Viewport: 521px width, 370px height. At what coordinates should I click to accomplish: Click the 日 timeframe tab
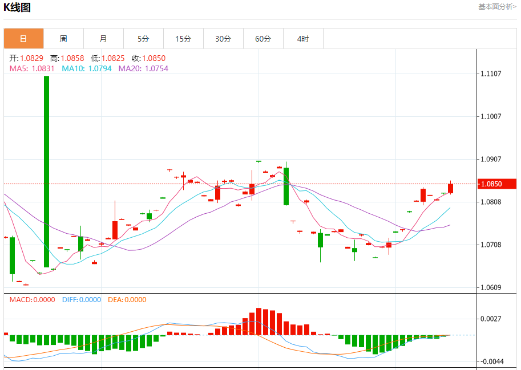click(x=23, y=39)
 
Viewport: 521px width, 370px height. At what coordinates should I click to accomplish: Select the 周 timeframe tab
click(x=63, y=39)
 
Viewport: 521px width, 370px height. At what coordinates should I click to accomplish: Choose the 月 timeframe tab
click(x=103, y=39)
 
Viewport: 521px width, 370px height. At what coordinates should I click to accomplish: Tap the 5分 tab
click(x=143, y=39)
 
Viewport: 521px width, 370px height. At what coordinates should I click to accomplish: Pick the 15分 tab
click(x=183, y=39)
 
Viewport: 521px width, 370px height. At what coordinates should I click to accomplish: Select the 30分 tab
click(x=223, y=39)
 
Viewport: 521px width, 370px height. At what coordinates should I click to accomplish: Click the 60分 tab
click(x=263, y=39)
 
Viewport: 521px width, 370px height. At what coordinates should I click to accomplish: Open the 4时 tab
click(x=303, y=39)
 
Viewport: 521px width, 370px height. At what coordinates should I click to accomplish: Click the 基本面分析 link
click(x=496, y=7)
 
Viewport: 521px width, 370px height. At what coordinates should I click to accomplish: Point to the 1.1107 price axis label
click(x=491, y=74)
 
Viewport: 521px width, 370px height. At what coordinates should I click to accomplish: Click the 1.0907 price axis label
click(x=491, y=159)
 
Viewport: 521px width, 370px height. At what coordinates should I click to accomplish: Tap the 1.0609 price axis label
click(x=491, y=287)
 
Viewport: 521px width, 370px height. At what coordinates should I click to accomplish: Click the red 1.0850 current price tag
click(x=498, y=184)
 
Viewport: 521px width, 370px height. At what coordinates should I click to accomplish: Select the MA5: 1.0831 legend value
click(x=32, y=68)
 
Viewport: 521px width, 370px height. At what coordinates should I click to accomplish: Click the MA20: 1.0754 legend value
click(x=143, y=68)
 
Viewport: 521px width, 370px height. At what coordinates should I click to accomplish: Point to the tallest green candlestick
click(x=46, y=171)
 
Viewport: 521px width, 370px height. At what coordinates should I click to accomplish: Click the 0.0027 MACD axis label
click(x=491, y=319)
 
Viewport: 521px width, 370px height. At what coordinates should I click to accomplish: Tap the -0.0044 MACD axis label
click(x=490, y=361)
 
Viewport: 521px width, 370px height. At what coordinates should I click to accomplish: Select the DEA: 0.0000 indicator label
click(x=127, y=299)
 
